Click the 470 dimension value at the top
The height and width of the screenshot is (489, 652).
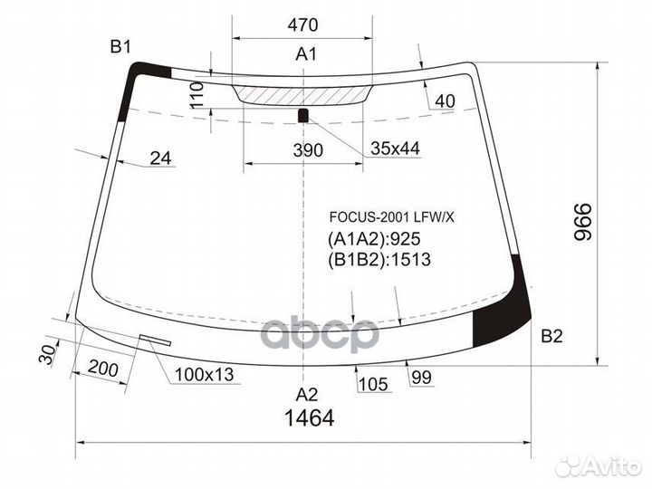point(302,25)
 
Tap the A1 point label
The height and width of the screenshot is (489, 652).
point(306,54)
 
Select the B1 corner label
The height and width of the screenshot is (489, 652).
point(120,47)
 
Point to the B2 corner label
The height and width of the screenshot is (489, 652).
point(551,336)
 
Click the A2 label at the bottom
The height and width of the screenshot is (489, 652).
point(306,394)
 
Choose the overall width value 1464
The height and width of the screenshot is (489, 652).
point(310,418)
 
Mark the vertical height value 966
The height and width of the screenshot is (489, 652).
point(582,222)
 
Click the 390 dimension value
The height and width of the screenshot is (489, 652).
point(308,150)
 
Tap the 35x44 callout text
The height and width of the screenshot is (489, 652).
point(395,148)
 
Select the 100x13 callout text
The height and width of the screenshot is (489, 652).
point(205,375)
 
